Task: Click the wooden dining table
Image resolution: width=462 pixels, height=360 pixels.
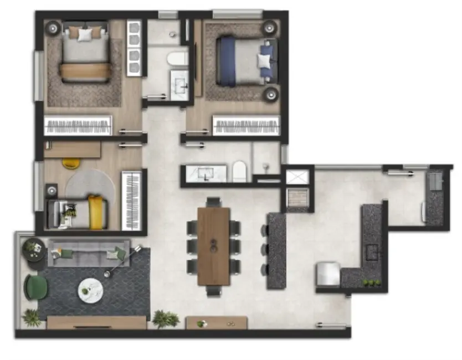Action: [213, 245]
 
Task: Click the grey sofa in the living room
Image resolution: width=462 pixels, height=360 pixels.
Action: [89, 253]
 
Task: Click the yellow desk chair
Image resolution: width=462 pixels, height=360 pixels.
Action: [71, 163]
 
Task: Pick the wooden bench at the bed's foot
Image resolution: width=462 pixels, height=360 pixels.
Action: [85, 71]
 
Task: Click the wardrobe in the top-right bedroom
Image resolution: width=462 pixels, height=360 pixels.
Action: [246, 126]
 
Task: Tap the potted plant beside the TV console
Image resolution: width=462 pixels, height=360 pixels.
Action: [165, 318]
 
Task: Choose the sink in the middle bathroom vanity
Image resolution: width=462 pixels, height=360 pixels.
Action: [207, 173]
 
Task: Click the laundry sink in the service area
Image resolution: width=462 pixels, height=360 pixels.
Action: [435, 180]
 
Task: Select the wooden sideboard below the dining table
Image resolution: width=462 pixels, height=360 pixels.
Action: [217, 323]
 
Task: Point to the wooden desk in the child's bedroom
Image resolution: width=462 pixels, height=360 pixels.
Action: [73, 149]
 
